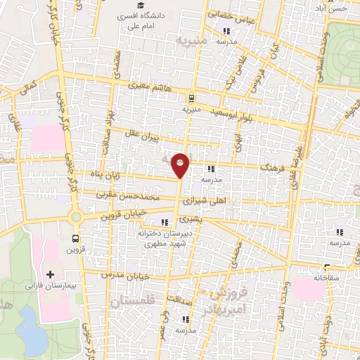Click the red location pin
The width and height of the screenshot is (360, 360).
(181, 165)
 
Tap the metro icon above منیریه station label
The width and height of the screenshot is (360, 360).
(192, 98)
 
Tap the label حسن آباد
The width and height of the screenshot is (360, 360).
(342, 8)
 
